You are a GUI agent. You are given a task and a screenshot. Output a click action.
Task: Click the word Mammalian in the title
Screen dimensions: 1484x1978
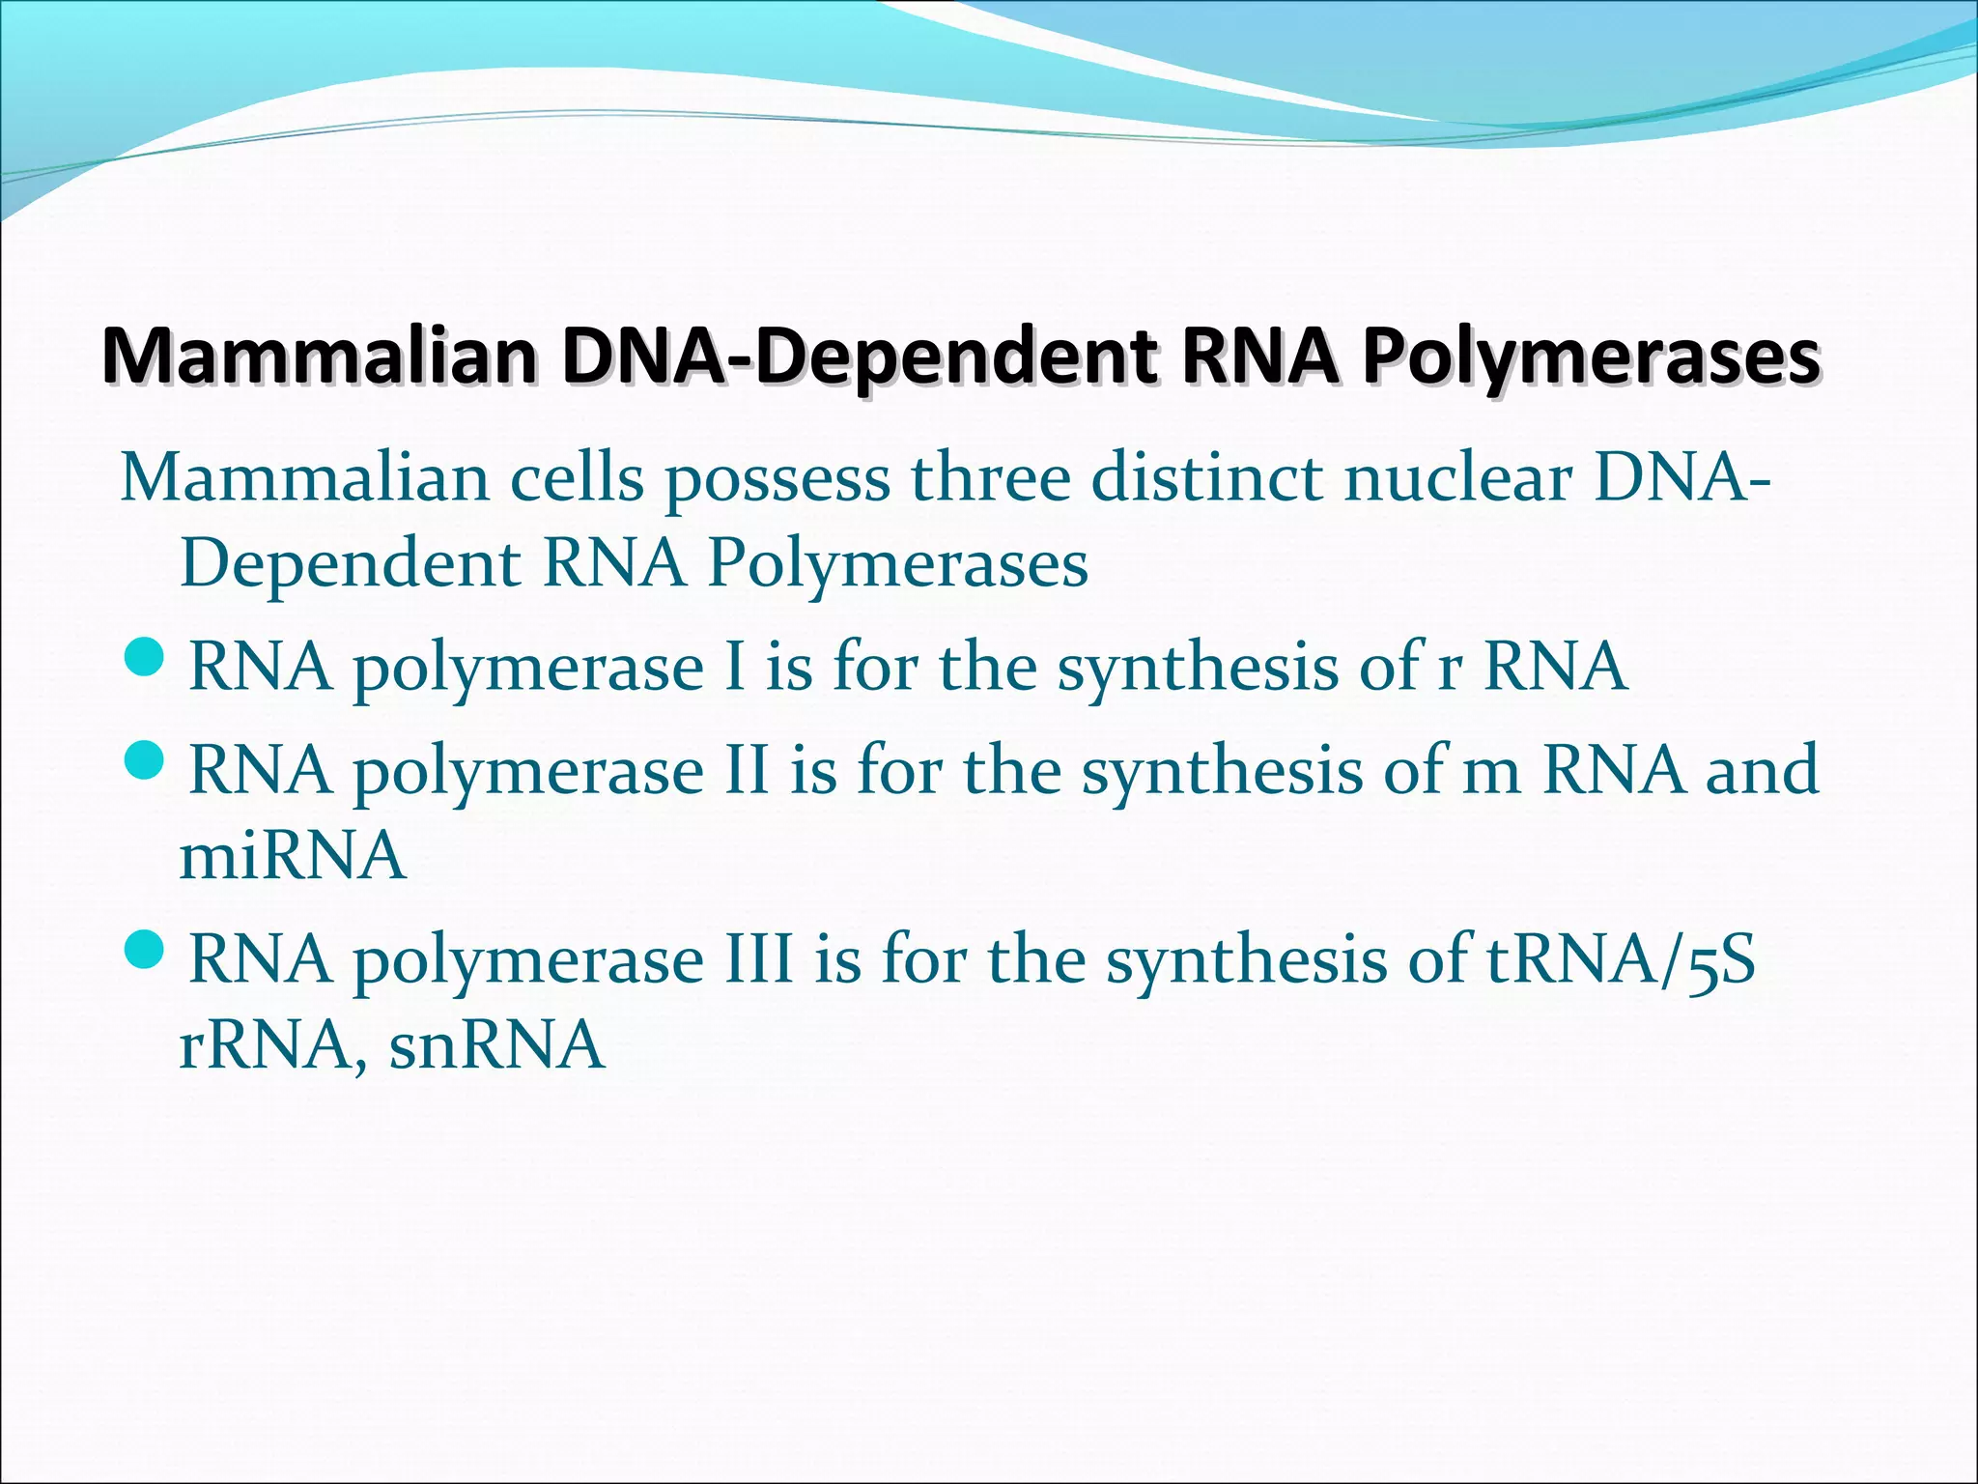point(319,358)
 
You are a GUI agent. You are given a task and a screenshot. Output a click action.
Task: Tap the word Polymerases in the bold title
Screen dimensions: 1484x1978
point(1591,358)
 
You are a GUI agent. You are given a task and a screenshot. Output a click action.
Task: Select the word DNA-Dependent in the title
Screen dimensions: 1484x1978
point(859,358)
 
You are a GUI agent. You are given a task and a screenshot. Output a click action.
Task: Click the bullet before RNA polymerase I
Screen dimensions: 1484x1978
point(146,664)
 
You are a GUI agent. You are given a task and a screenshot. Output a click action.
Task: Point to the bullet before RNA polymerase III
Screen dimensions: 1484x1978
point(146,956)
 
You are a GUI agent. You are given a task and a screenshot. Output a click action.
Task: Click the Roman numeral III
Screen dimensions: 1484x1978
point(757,958)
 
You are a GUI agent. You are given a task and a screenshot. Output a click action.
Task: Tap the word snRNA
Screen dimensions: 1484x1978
point(497,1045)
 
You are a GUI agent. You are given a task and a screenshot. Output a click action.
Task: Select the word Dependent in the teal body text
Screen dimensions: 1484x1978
point(351,564)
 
